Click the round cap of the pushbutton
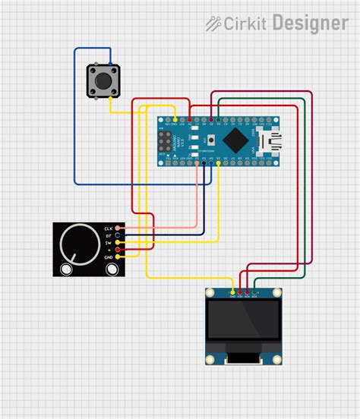coord(100,79)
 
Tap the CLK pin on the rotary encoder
coord(118,228)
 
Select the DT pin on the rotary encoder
coord(118,235)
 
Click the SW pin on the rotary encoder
coord(118,242)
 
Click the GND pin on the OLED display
coord(232,292)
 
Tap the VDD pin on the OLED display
coord(239,292)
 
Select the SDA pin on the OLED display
coord(254,292)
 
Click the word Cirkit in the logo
coord(245,24)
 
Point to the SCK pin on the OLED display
coord(246,292)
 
